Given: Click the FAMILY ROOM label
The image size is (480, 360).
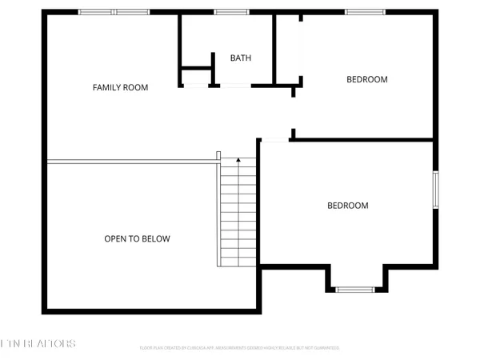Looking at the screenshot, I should click(x=120, y=87).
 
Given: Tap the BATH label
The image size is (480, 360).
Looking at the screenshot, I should click(x=241, y=58).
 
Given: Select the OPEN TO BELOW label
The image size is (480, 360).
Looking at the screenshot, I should click(x=137, y=238).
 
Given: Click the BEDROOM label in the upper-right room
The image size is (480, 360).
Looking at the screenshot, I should click(x=366, y=79).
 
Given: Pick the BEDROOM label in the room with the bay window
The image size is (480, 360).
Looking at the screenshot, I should click(x=348, y=206).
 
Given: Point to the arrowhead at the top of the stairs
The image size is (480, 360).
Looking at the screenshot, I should click(x=238, y=161).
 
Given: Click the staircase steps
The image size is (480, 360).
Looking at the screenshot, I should click(x=238, y=216).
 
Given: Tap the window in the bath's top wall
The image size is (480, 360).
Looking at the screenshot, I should click(x=231, y=12).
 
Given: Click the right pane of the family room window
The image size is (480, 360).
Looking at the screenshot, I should click(x=131, y=12).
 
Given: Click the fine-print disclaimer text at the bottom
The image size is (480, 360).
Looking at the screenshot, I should click(x=240, y=349).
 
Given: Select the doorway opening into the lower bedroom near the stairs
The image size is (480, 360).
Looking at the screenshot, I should click(x=274, y=141).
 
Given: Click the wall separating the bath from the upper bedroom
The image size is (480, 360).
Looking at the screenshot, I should click(x=274, y=48).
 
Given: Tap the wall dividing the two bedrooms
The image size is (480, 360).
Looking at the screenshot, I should click(x=364, y=141).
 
